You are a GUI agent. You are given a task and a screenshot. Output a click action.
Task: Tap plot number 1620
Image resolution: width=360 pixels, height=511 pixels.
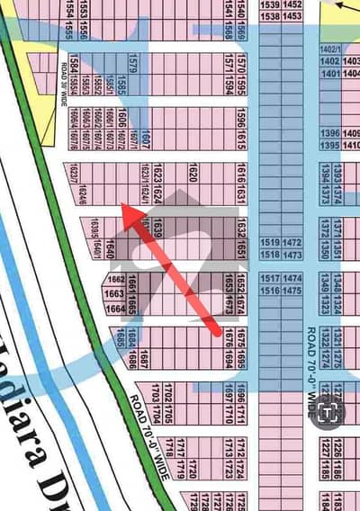(x=193, y=171)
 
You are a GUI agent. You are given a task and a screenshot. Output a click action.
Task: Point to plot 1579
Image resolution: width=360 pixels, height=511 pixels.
(x=132, y=64)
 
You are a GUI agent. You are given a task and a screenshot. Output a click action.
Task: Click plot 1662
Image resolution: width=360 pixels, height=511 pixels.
(x=114, y=280)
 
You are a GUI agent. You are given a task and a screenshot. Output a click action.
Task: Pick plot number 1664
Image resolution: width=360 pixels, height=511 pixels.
(x=114, y=309)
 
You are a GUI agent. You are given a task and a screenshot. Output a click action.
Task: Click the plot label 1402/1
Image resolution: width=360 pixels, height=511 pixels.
(x=330, y=48)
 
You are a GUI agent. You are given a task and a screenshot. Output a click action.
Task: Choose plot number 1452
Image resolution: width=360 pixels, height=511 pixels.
(x=292, y=4)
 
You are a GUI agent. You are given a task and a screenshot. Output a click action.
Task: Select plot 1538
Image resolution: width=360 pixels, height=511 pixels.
(x=269, y=16)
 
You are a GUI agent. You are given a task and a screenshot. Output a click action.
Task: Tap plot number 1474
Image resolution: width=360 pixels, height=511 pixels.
(x=292, y=280)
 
